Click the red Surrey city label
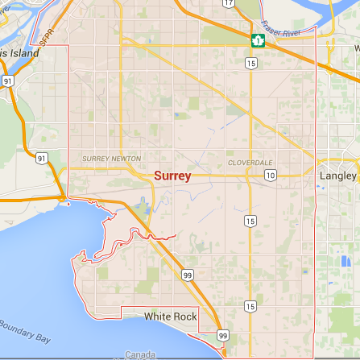click(x=172, y=176)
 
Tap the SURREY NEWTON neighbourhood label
click(x=111, y=159)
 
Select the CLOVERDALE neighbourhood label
click(x=250, y=163)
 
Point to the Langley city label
click(x=338, y=176)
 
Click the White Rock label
click(x=171, y=317)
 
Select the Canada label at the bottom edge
click(x=140, y=354)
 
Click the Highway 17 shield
click(x=229, y=3)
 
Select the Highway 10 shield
click(x=271, y=175)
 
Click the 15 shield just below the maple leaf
click(x=252, y=62)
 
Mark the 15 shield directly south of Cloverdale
click(x=250, y=220)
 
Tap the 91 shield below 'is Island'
click(x=7, y=81)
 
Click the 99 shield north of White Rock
click(x=188, y=275)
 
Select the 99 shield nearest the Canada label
click(x=223, y=335)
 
